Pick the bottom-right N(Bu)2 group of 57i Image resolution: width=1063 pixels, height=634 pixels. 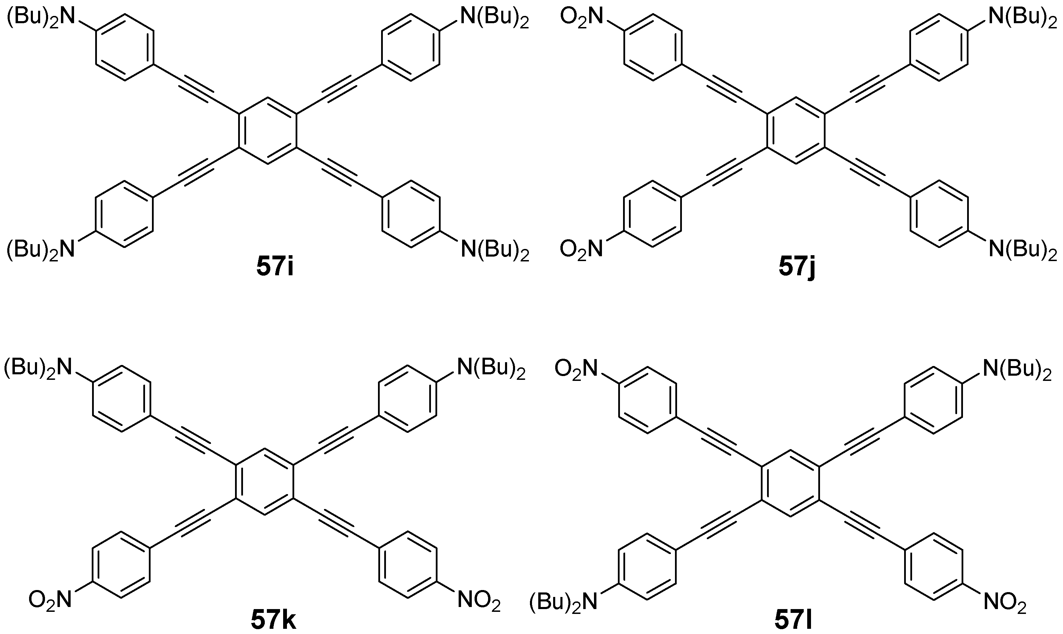tap(495, 249)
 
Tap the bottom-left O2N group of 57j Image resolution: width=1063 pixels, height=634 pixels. tap(581, 249)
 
